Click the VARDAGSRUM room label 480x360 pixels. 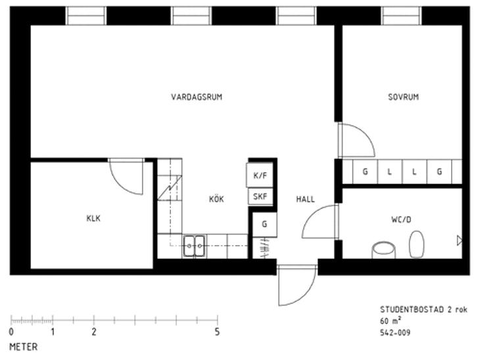pyautogui.click(x=197, y=97)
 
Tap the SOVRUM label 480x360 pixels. pyautogui.click(x=403, y=97)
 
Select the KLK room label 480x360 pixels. pyautogui.click(x=93, y=218)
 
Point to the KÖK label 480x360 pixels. pyautogui.click(x=216, y=199)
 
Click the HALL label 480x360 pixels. pyautogui.click(x=305, y=199)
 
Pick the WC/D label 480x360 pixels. pyautogui.click(x=401, y=219)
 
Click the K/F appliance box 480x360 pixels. pyautogui.click(x=260, y=175)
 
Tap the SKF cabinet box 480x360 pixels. pyautogui.click(x=260, y=196)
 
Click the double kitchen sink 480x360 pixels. pyautogui.click(x=194, y=246)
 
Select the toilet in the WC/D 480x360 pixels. pyautogui.click(x=417, y=244)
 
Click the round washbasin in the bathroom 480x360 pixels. pyautogui.click(x=383, y=250)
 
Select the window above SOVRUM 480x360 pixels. pyautogui.click(x=401, y=16)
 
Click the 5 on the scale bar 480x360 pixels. pyautogui.click(x=217, y=332)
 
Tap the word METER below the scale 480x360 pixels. pyautogui.click(x=24, y=347)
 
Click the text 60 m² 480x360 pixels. pyautogui.click(x=391, y=321)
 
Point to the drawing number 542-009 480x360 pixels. pyautogui.click(x=395, y=332)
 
